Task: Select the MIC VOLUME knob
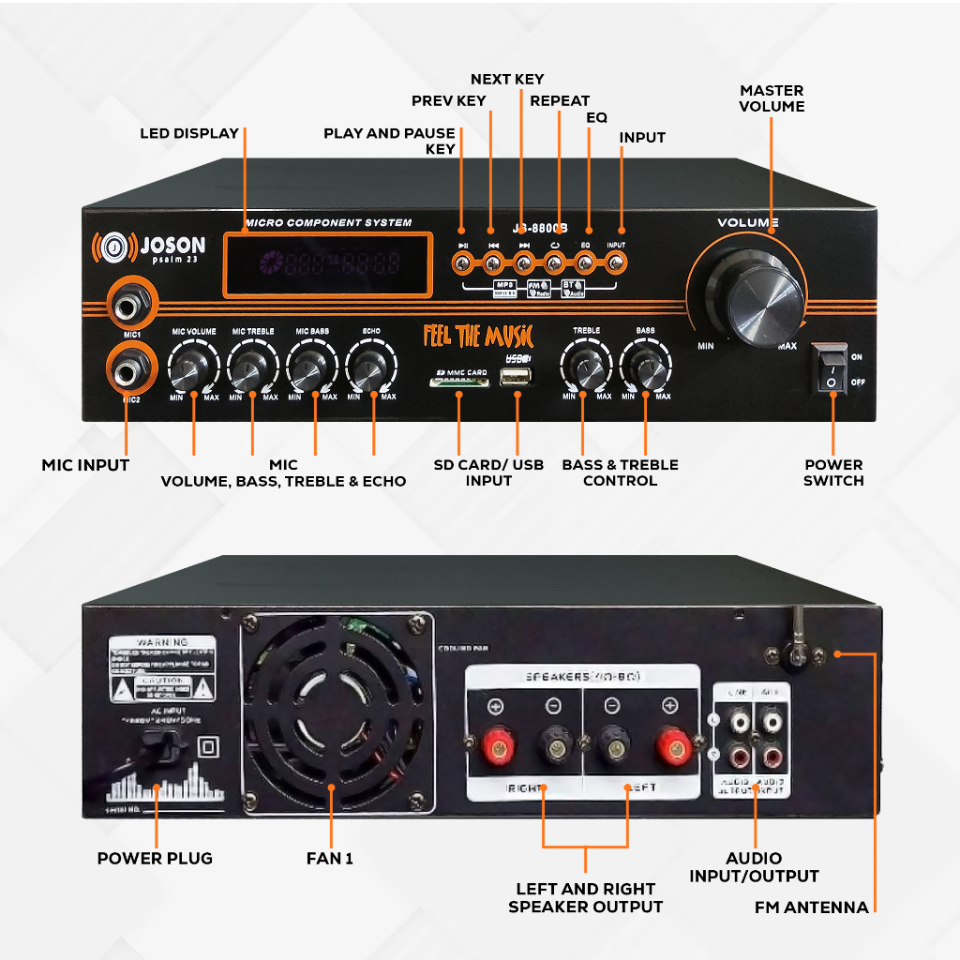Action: tap(193, 368)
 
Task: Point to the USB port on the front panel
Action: tap(515, 378)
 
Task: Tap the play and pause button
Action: tap(462, 263)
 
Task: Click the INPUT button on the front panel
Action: tap(615, 263)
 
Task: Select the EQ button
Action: tap(586, 263)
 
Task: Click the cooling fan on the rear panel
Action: tap(336, 715)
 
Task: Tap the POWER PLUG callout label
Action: tap(155, 858)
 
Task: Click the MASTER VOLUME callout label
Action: tap(772, 98)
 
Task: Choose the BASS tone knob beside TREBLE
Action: tap(645, 368)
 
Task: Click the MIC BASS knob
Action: tap(311, 368)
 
